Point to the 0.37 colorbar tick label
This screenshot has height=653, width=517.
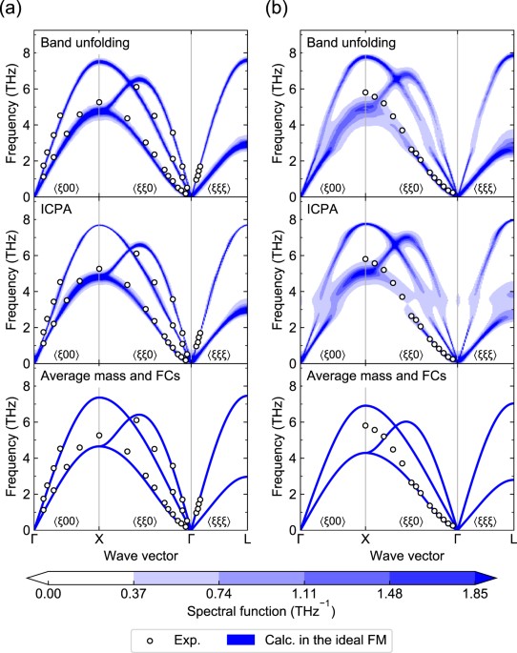tap(134, 593)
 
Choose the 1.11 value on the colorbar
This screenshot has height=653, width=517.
tap(304, 593)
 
